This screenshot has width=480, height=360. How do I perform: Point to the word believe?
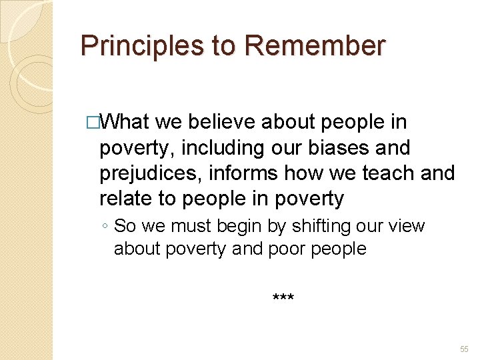point(223,122)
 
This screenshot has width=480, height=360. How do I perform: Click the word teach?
point(390,173)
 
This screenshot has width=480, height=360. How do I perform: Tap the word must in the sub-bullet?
point(186,226)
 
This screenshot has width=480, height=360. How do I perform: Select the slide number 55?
point(464,349)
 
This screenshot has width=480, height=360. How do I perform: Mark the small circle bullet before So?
point(106,227)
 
